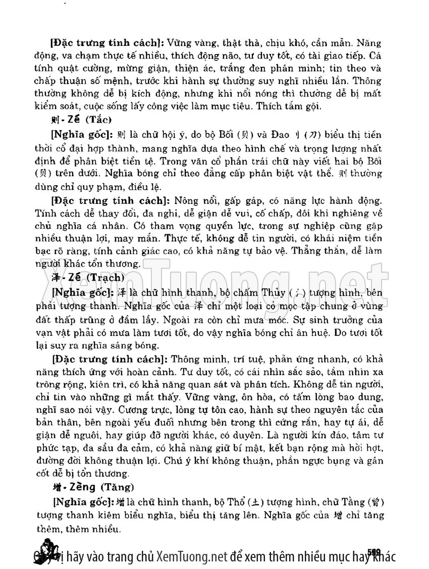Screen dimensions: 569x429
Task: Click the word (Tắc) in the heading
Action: click(x=97, y=120)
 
